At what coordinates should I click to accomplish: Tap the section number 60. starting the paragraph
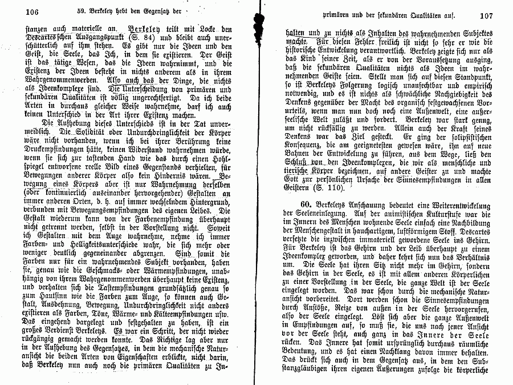(307, 204)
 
